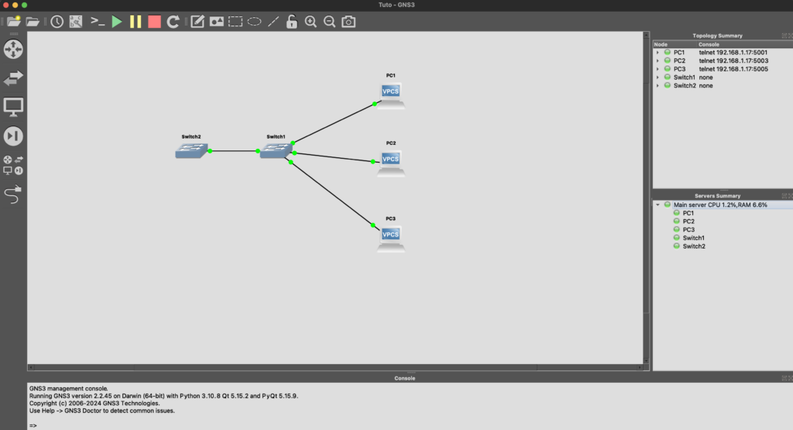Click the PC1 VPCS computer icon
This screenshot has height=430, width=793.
(391, 95)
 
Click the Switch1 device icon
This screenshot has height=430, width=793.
(276, 150)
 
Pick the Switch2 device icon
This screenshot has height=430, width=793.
(192, 150)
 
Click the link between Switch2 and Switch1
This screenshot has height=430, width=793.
(234, 151)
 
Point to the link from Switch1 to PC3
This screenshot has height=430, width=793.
(331, 194)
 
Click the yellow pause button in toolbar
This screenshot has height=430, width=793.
(136, 22)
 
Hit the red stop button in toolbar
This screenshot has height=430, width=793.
(154, 22)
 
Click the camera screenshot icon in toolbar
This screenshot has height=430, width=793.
(348, 22)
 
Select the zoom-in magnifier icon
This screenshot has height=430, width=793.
(311, 22)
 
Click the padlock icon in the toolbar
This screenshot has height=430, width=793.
(292, 22)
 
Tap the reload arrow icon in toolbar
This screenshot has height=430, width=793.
(173, 22)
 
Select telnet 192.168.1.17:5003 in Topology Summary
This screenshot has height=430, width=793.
(733, 60)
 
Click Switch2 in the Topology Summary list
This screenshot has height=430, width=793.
(685, 85)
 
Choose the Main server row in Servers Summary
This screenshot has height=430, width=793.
(720, 205)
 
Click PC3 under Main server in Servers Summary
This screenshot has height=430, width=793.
(688, 229)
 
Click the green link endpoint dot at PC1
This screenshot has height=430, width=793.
(375, 105)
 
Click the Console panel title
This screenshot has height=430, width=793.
(404, 378)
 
